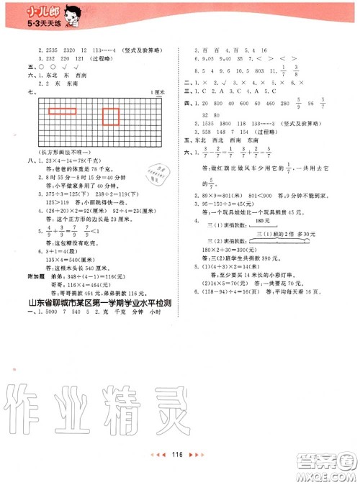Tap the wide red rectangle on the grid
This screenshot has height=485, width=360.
(63, 111)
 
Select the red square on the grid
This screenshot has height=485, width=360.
(111, 117)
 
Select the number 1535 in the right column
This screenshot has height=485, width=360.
(214, 124)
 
